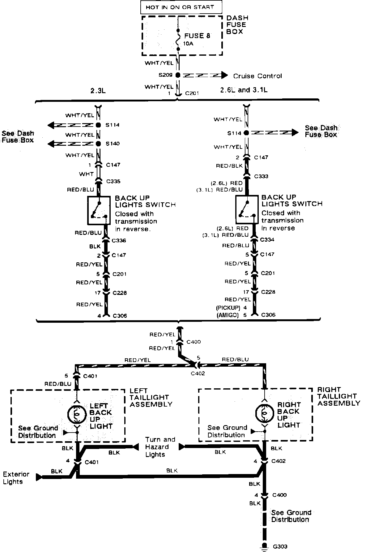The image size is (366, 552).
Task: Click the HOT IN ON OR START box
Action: tap(181, 7)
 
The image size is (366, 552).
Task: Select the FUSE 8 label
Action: tap(197, 36)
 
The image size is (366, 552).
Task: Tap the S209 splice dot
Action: tap(178, 75)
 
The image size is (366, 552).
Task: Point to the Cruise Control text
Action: tap(257, 76)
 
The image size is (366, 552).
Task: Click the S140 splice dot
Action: tap(98, 144)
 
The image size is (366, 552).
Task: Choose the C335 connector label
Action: tap(113, 182)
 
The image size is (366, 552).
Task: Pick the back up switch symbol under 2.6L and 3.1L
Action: tap(247, 209)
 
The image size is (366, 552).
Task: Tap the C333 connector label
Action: tap(261, 176)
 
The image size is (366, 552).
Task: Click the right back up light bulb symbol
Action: tap(265, 413)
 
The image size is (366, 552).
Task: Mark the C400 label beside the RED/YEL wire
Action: tap(194, 342)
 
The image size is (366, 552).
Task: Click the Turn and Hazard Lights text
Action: tap(160, 447)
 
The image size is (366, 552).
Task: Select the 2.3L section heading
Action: tap(98, 91)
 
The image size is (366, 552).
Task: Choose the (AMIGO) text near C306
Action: tap(228, 315)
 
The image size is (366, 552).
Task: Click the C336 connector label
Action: tap(119, 240)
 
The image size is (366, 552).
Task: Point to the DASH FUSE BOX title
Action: tap(237, 25)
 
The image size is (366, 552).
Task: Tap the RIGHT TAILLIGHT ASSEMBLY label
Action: tap(338, 396)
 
